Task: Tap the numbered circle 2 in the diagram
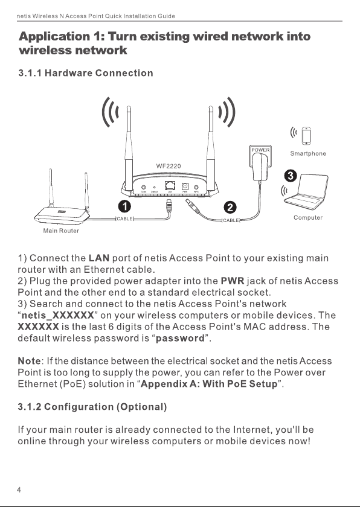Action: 230,207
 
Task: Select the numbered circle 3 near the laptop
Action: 291,176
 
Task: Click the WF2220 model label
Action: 169,166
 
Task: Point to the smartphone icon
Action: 306,136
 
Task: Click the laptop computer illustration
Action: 306,191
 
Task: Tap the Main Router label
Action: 61,231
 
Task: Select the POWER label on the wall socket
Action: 260,150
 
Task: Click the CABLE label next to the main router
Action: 124,219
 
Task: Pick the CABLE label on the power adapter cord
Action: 231,220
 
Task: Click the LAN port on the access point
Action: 170,186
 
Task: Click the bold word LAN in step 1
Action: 99,258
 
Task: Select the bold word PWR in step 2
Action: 233,281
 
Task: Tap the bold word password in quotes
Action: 180,339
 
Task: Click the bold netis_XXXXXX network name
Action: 57,315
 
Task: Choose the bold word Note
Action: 30,361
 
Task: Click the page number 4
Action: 19,490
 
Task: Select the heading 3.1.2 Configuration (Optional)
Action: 92,407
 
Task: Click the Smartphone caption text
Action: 308,153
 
